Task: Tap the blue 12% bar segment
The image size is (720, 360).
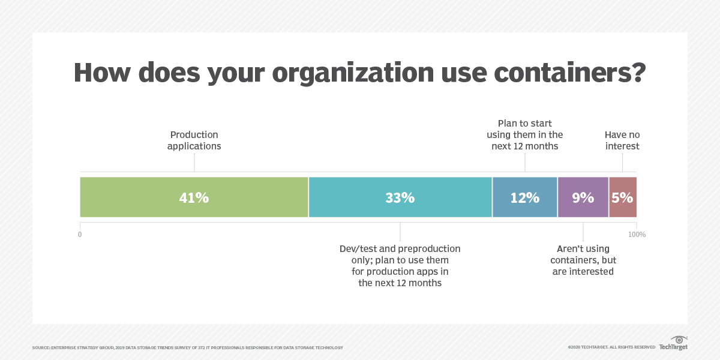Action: point(525,197)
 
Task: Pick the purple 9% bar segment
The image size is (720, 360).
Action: point(583,197)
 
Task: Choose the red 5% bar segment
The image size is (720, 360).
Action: point(623,197)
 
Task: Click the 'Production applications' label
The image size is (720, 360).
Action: point(194,140)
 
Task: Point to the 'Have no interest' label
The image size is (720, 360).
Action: point(622,140)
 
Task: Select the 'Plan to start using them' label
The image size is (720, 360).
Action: point(525,135)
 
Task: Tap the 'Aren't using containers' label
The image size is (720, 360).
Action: point(583,260)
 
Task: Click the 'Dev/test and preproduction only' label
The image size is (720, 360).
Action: point(400,266)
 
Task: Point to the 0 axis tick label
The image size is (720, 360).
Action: point(80,235)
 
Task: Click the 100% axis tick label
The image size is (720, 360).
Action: point(637,235)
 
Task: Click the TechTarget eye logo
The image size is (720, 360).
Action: point(679,340)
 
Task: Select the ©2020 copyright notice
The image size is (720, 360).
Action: point(611,347)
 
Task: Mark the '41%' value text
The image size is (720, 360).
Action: point(194,197)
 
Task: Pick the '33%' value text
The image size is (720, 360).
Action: point(400,197)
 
